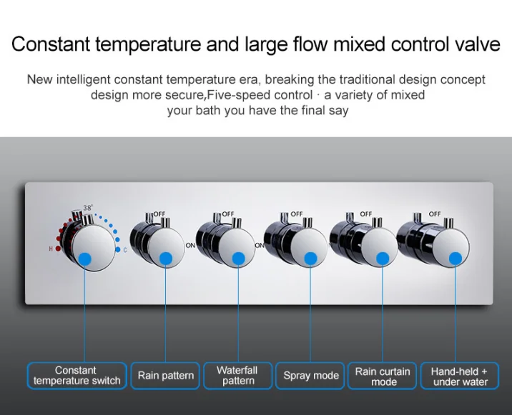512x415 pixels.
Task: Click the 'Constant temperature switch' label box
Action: point(77,376)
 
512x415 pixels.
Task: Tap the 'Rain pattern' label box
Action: point(166,376)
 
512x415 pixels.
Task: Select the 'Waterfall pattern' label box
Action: point(237,376)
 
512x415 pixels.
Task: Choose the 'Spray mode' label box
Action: point(310,376)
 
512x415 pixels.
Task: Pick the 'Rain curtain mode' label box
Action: point(383,376)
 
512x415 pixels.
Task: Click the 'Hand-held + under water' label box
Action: point(460,376)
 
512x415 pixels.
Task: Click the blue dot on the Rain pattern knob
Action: point(166,259)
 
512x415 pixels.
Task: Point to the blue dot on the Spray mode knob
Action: point(310,259)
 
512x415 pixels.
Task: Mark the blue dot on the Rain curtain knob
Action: point(383,259)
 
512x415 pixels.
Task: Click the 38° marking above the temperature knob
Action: point(88,208)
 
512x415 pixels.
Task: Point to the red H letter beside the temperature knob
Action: point(51,249)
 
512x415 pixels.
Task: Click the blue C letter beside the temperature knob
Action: point(125,249)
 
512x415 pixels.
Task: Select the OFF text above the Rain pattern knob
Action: point(158,214)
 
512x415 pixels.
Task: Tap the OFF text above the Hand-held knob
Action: point(435,214)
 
